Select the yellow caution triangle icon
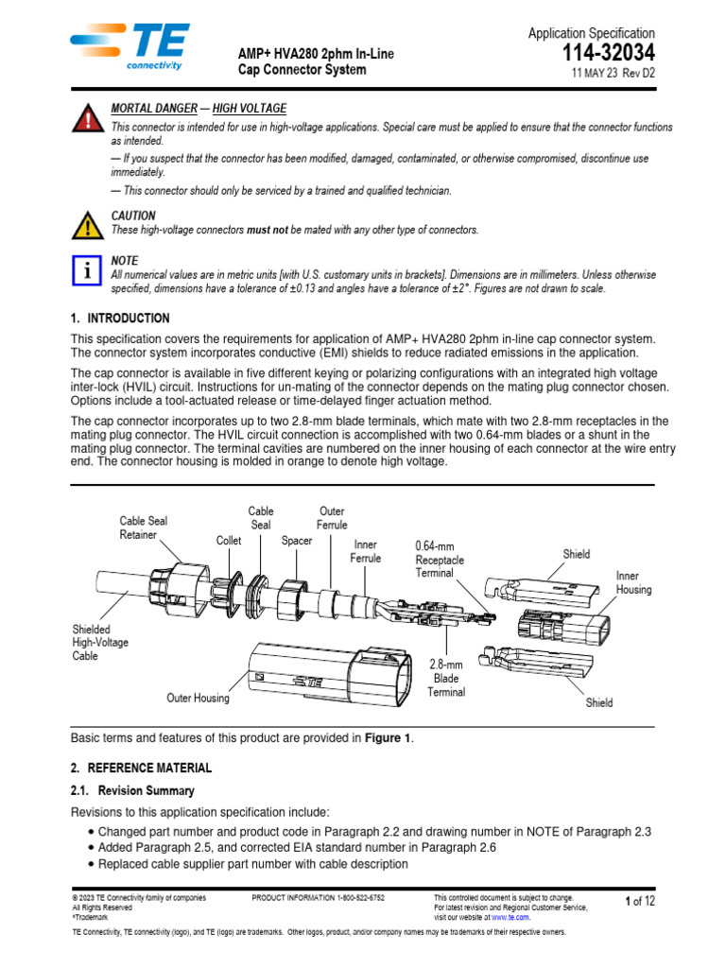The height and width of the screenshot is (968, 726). tap(86, 225)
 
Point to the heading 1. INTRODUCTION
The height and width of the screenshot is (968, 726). tap(120, 319)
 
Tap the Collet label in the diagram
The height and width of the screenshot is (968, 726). tap(229, 541)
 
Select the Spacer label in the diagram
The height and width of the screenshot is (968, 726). tap(297, 541)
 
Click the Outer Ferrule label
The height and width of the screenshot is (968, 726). tap(332, 518)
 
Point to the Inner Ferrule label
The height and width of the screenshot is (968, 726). tap(366, 551)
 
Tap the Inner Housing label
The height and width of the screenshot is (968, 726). tap(633, 582)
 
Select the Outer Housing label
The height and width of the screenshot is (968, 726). tap(198, 699)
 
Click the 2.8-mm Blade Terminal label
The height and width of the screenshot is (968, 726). tap(446, 679)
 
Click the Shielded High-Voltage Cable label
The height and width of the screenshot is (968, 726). tap(100, 642)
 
